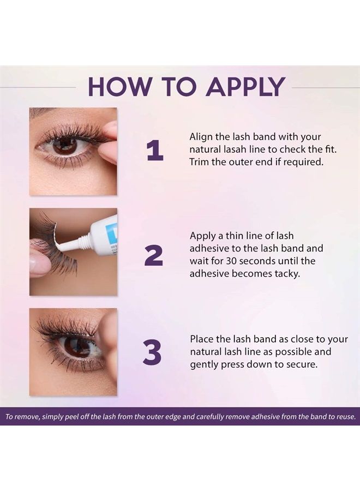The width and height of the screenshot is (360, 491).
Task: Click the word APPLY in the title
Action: [x=245, y=87]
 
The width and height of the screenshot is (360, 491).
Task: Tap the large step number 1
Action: [x=154, y=152]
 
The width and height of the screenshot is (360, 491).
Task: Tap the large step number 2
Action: [x=154, y=255]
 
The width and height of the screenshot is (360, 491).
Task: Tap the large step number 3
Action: [x=153, y=354]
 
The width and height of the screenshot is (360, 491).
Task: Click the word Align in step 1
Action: [x=202, y=136]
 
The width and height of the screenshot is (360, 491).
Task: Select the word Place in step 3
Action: [x=202, y=338]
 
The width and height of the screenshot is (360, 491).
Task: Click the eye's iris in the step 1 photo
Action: [x=64, y=145]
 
